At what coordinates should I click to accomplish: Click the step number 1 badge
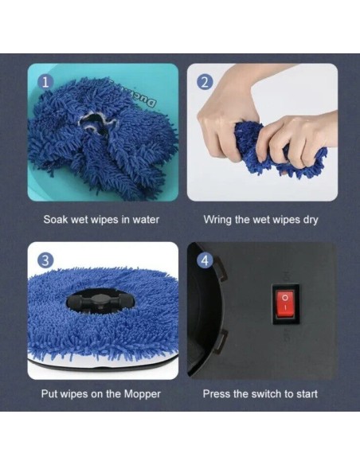45,82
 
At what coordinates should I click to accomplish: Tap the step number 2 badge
205,82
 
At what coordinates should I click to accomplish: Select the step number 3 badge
45,260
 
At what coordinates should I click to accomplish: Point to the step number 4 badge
205,260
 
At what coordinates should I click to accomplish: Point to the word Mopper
142,394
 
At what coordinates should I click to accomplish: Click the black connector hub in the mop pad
100,303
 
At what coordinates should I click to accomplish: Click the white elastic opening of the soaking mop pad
94,122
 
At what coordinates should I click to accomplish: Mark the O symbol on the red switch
285,297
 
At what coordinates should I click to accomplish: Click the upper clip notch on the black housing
221,269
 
